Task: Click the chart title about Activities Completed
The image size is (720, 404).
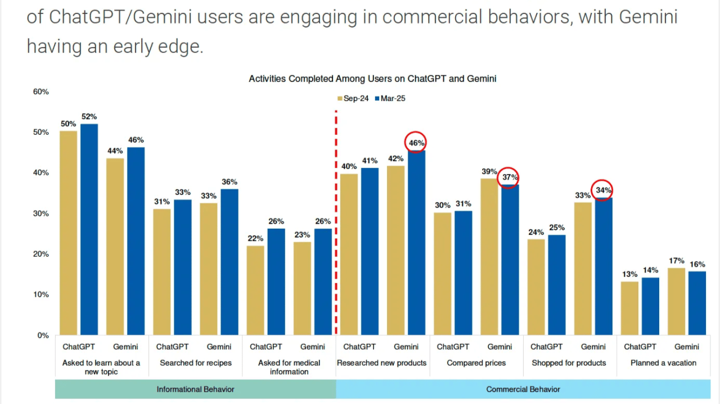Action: tap(372, 79)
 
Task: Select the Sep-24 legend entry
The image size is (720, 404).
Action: tap(353, 98)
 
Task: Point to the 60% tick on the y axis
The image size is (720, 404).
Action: tap(41, 92)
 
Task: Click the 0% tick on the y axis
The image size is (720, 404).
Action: tap(43, 335)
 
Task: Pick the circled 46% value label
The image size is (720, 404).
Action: tap(416, 143)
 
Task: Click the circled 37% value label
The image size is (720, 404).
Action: tap(510, 178)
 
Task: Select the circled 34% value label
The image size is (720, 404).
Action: tap(603, 190)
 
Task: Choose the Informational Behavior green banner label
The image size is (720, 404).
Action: tap(195, 389)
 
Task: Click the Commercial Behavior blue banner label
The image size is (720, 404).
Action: tap(523, 389)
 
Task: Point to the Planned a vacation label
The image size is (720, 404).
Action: tap(663, 363)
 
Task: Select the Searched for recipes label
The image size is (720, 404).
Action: tap(195, 363)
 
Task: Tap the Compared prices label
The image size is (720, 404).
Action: tap(476, 363)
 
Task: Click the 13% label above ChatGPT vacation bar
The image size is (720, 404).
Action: tap(629, 274)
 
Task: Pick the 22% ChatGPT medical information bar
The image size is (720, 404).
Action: tap(255, 290)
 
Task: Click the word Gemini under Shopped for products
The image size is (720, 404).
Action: tap(593, 347)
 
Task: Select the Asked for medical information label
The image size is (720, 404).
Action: tap(289, 367)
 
